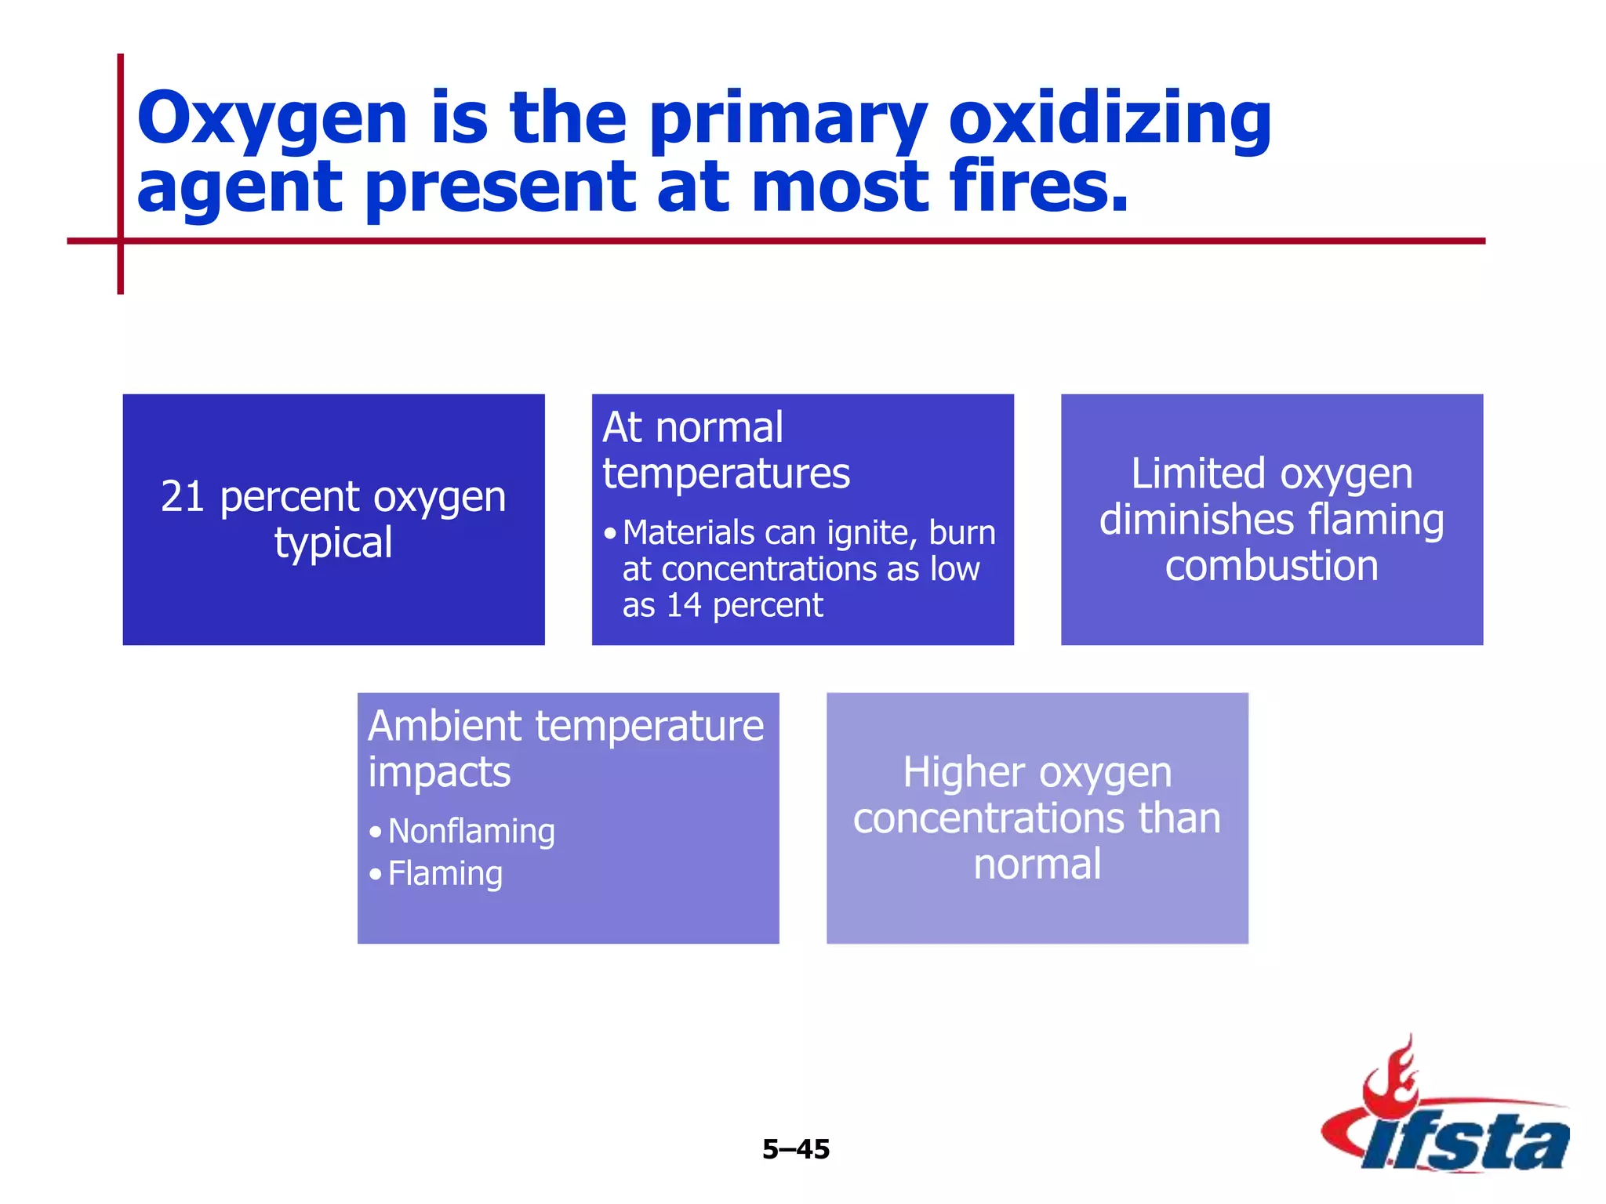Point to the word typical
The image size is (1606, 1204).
point(333,542)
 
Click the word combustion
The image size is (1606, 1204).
point(1271,566)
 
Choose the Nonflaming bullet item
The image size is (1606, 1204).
point(471,832)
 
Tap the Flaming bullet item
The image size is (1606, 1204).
point(445,874)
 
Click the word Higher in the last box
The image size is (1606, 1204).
point(961,773)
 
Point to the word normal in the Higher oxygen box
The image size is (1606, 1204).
point(1037,865)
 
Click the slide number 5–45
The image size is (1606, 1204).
point(795,1149)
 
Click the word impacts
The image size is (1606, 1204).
point(439,773)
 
